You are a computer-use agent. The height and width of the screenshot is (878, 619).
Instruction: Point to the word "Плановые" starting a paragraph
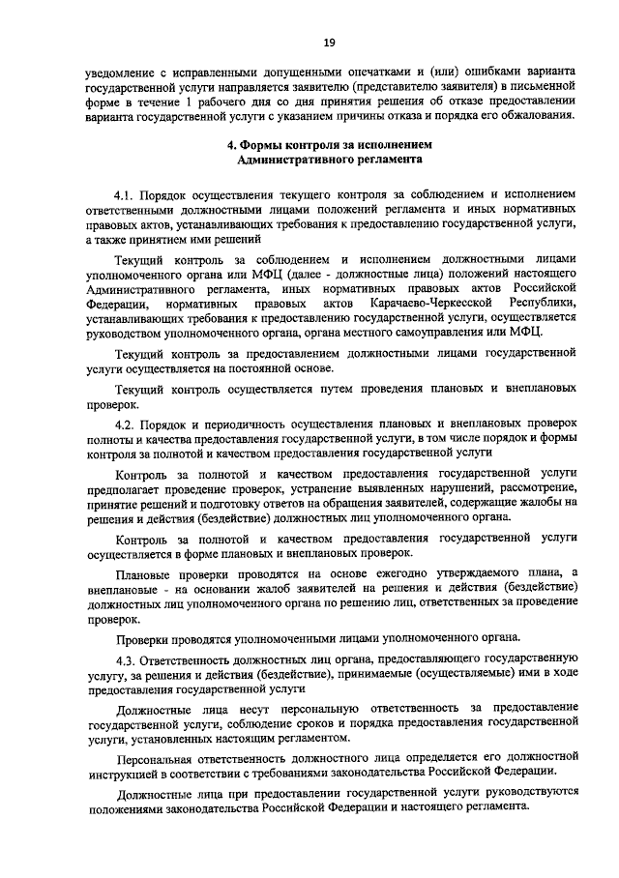click(142, 574)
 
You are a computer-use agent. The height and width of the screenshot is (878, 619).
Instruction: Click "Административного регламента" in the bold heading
click(329, 160)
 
